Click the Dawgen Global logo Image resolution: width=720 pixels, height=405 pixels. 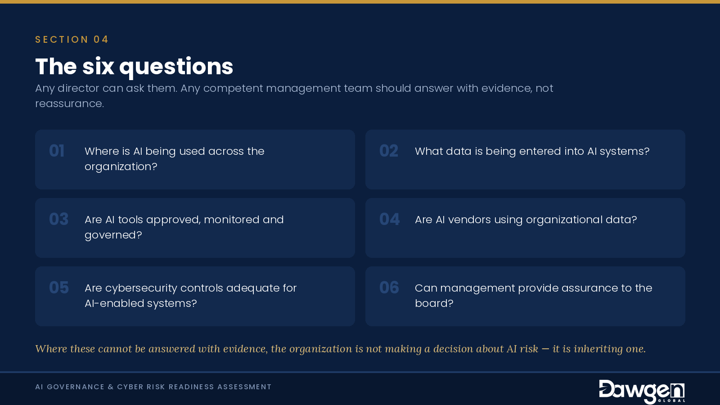[x=642, y=391]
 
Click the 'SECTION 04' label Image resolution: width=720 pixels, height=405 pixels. [x=72, y=40]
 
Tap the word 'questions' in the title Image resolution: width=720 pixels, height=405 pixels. [x=176, y=67]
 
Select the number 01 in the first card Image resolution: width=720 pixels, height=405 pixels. [x=57, y=151]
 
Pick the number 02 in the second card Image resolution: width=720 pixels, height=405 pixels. [x=389, y=151]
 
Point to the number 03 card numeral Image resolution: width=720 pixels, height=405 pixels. [x=59, y=219]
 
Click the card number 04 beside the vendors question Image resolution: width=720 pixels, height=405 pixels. [x=389, y=219]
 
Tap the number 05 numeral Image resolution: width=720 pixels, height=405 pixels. [x=59, y=288]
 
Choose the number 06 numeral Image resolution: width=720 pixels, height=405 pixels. [x=389, y=288]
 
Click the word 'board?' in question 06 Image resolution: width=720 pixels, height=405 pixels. [x=434, y=303]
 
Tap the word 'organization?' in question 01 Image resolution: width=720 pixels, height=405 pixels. [x=121, y=167]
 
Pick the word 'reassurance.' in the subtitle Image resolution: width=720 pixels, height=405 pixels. [x=69, y=104]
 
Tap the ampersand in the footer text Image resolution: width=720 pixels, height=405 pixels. [x=111, y=387]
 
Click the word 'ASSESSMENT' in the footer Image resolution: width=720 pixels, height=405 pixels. [x=244, y=387]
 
